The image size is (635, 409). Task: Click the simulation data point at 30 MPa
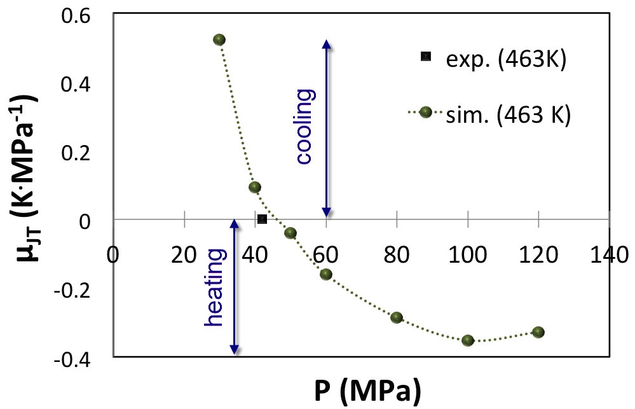tap(219, 39)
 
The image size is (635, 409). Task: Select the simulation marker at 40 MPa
tap(255, 187)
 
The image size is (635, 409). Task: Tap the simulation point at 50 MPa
tap(290, 233)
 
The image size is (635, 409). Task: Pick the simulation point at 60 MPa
tap(326, 274)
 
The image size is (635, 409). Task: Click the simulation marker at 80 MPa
tap(397, 317)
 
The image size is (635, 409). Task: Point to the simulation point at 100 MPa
tap(468, 340)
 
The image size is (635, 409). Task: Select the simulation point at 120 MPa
tap(538, 332)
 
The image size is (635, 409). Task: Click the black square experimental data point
tap(262, 219)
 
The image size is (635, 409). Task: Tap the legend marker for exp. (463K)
tap(426, 57)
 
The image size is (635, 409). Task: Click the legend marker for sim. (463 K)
tap(426, 113)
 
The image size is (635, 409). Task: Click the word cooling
tap(305, 127)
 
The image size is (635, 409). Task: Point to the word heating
tap(215, 288)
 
